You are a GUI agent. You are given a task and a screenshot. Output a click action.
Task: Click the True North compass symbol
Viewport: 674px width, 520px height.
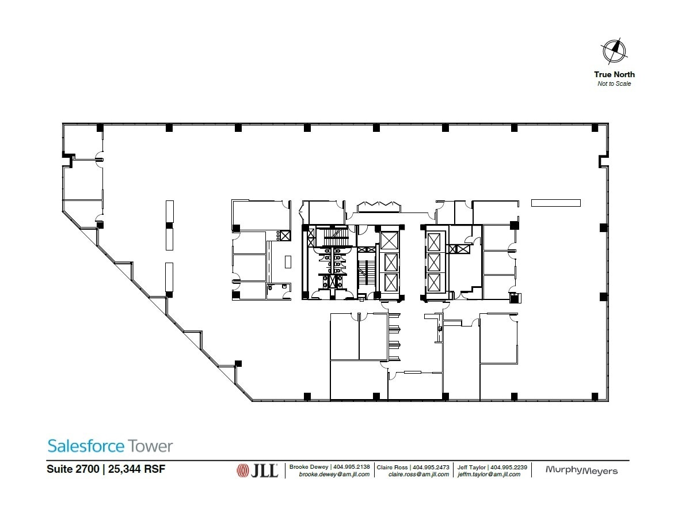(x=614, y=51)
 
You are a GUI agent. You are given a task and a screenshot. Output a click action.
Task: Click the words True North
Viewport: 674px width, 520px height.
(x=614, y=74)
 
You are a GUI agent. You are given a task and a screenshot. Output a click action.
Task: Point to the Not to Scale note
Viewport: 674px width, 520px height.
(x=614, y=84)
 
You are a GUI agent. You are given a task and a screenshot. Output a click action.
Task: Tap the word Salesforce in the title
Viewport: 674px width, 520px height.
(x=86, y=446)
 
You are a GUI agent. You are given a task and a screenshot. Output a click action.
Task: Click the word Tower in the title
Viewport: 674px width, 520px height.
(x=150, y=446)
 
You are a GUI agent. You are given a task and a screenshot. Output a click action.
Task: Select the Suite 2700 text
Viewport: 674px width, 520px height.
(x=73, y=469)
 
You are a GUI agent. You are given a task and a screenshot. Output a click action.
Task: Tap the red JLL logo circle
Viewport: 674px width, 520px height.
(x=242, y=471)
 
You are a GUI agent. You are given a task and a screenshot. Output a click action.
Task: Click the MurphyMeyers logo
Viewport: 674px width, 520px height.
(x=581, y=471)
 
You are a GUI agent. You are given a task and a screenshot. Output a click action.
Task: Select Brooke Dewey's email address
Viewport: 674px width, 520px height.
(x=334, y=475)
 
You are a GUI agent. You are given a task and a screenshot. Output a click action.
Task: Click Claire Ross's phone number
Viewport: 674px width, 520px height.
(x=431, y=467)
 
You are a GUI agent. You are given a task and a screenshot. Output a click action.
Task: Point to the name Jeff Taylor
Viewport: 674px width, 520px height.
(x=470, y=467)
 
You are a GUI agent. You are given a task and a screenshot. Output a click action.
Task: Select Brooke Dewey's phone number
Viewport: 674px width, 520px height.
(x=352, y=467)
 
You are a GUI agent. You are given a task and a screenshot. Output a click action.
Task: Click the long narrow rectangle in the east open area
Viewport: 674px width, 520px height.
(x=555, y=203)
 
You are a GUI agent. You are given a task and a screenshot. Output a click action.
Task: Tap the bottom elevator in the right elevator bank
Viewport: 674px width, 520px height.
(x=435, y=282)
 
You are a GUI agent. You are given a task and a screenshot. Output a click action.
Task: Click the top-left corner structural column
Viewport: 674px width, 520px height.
(x=100, y=127)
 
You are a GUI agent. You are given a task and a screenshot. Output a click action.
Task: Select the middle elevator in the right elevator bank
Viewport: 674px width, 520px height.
(x=435, y=262)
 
